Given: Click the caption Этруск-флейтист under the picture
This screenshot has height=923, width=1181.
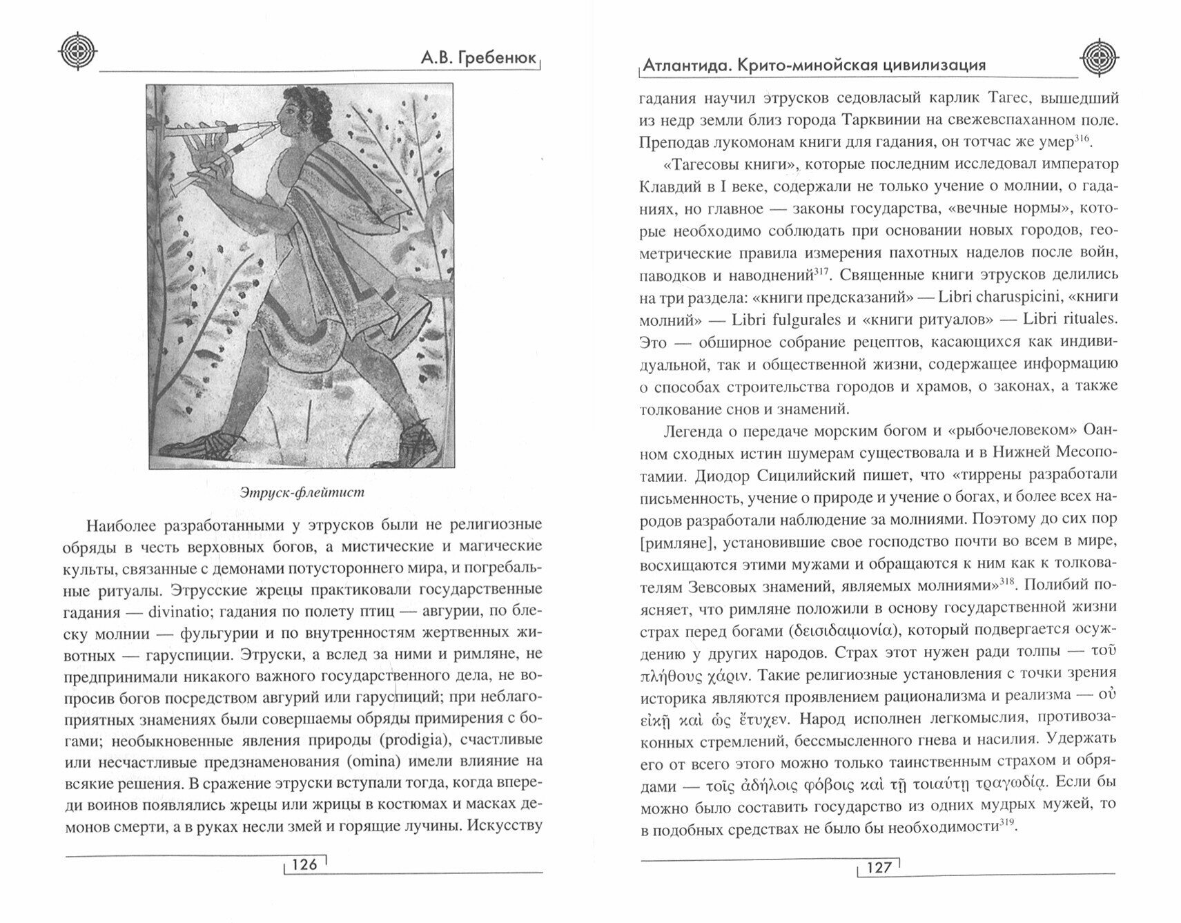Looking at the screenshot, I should point(302,492).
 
